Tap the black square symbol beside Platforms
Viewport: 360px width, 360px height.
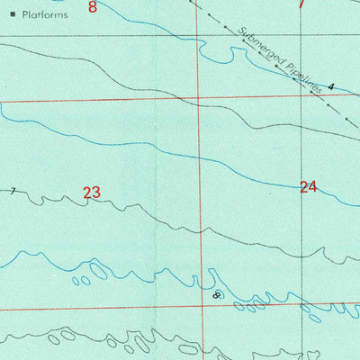(x=13, y=15)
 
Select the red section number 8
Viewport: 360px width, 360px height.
(x=93, y=7)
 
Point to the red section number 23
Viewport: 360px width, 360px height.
(x=91, y=192)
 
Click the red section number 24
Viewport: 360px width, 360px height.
(x=309, y=187)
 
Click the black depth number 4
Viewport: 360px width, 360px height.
(x=330, y=86)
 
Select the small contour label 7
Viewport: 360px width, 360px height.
(x=13, y=191)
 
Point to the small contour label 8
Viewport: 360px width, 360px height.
(x=216, y=294)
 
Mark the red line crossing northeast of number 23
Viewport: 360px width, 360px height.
(x=199, y=98)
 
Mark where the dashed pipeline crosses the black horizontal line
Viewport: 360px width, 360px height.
(x=223, y=35)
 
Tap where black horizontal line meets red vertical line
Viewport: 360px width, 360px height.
(x=198, y=36)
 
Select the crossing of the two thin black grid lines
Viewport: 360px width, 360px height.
(x=301, y=36)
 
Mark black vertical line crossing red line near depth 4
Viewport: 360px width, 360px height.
(x=301, y=95)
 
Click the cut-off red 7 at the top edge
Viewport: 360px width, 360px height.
(x=301, y=4)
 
